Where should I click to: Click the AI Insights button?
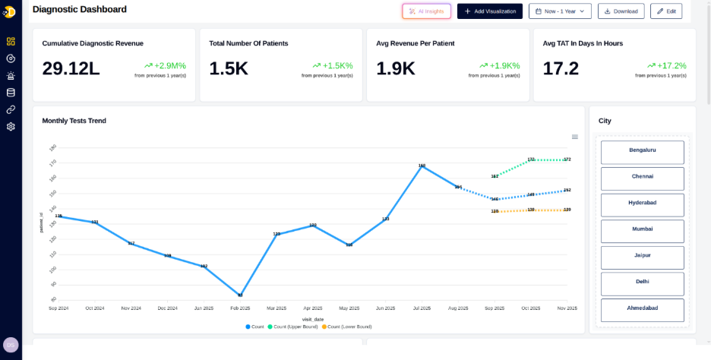(426, 11)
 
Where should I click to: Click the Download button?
(621, 11)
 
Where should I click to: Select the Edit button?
(666, 11)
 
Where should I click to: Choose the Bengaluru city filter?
(642, 150)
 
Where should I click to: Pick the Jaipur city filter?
(642, 256)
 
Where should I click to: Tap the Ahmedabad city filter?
(642, 308)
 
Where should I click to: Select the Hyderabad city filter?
(642, 204)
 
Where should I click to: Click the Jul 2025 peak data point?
(422, 166)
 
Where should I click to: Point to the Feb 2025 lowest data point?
(240, 295)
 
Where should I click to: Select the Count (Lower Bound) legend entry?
(347, 327)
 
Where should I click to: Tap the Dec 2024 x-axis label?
(167, 308)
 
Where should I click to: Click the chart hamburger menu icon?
(575, 137)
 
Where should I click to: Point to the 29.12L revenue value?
(71, 68)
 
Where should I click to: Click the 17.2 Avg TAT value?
(561, 68)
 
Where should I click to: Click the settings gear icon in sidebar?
(11, 126)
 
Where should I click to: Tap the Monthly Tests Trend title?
(74, 121)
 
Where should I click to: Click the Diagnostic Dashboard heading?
(80, 9)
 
